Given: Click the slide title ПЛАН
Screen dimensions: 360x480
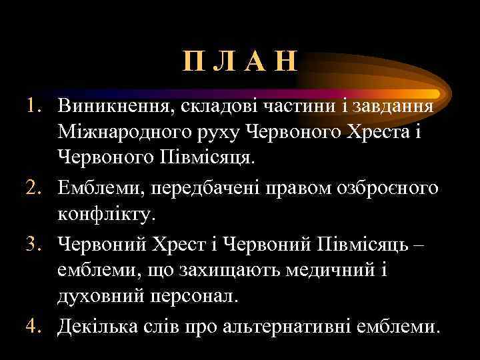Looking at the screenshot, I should click(240, 65).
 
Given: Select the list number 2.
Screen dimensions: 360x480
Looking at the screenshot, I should click(34, 189).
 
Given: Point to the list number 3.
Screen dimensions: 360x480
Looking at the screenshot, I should click(34, 244).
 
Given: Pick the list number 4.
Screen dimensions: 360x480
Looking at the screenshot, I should click(34, 327).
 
